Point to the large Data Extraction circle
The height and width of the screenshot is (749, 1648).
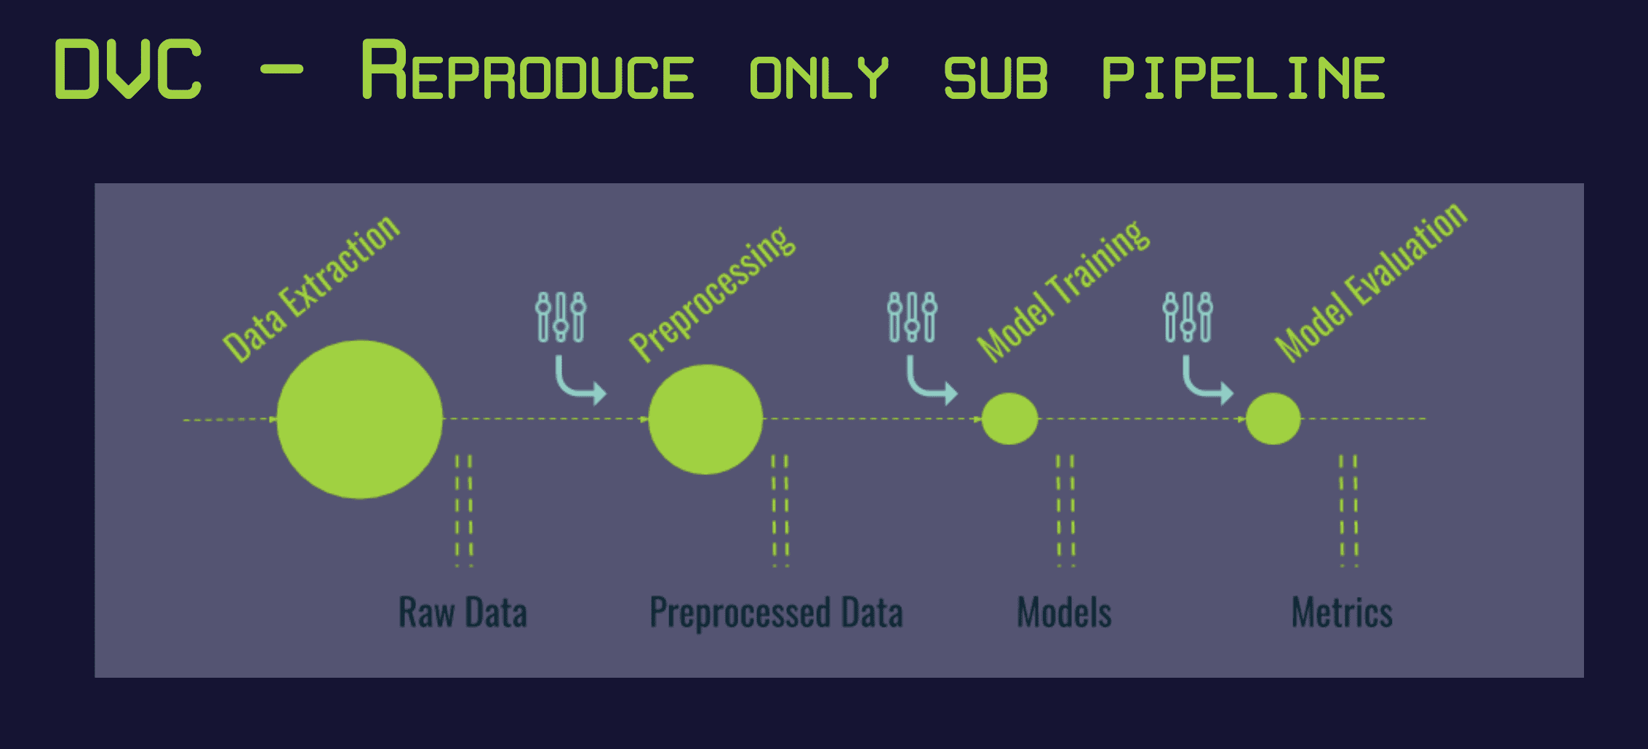359,419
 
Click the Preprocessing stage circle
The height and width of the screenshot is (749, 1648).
705,419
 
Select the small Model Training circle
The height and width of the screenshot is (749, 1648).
1009,419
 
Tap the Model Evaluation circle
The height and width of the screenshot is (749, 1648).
1273,419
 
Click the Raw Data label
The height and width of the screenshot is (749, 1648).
463,612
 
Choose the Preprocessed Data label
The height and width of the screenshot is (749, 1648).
776,612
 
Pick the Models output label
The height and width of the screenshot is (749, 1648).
1064,612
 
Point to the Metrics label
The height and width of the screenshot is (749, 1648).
1342,612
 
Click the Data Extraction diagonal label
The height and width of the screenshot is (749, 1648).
311,289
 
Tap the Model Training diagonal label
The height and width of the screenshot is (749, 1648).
1063,291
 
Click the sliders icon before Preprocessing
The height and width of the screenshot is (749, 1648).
561,317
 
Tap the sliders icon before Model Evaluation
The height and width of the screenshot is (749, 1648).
1188,317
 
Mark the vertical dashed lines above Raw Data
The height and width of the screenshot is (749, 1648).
463,509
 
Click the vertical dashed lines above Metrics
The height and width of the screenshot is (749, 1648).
1348,509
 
